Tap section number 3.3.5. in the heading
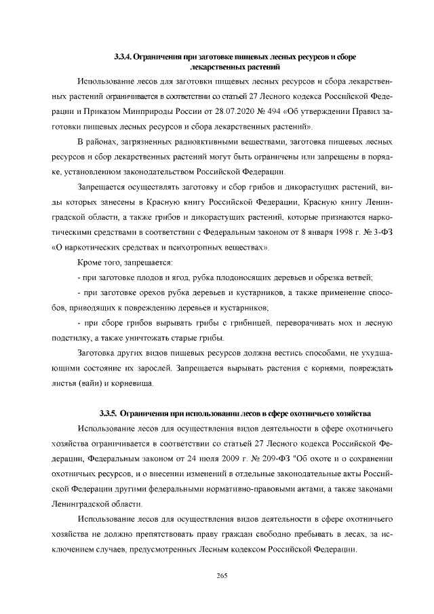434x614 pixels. click(x=108, y=413)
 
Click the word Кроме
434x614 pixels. click(x=91, y=262)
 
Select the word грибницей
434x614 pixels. click(x=248, y=322)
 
